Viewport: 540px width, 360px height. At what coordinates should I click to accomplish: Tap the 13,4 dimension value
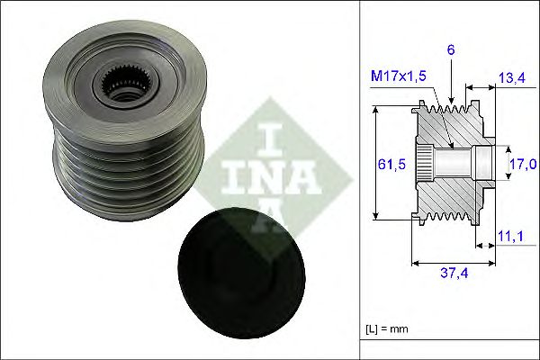[510, 79]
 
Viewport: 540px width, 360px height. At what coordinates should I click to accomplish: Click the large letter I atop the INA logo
[271, 135]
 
